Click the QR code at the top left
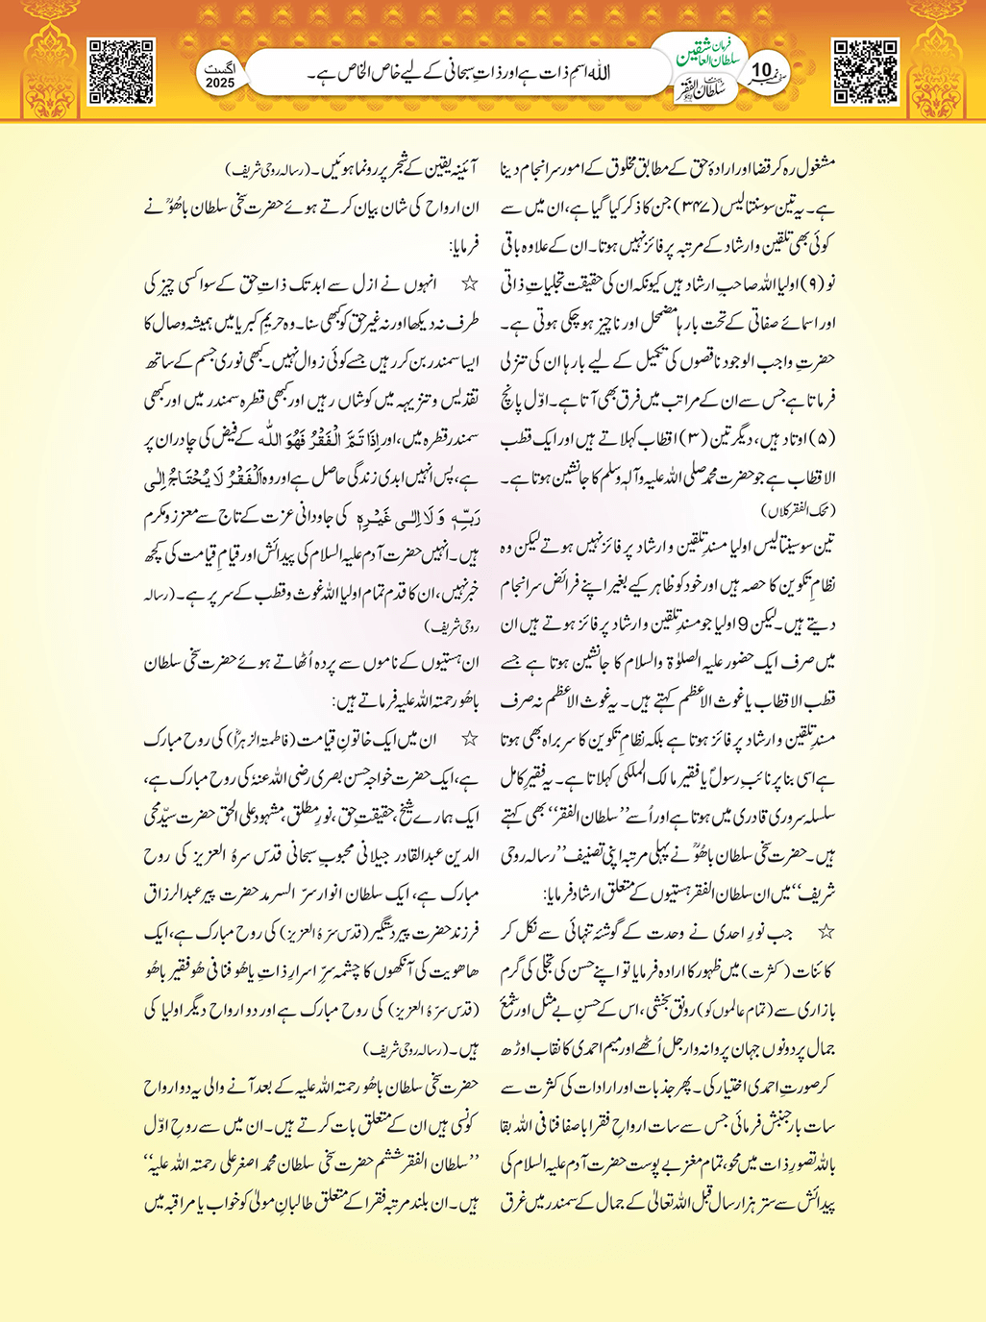point(121,71)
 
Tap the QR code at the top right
point(865,71)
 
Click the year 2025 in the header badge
point(220,84)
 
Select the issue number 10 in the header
point(762,70)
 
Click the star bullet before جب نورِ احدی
point(826,932)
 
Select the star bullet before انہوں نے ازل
point(470,285)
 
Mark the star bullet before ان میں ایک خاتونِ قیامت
point(470,741)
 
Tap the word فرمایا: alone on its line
point(456,246)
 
